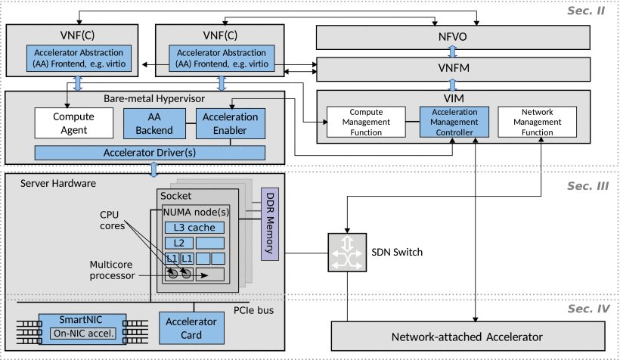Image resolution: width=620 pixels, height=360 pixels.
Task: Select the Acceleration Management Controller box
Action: (x=454, y=121)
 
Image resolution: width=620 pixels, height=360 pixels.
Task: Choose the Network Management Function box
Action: (x=538, y=121)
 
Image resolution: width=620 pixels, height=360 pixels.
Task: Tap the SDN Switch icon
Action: (x=346, y=250)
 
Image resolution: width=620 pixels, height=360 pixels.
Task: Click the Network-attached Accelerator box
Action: (x=468, y=337)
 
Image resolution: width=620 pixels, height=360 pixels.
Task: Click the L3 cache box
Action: (x=194, y=228)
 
